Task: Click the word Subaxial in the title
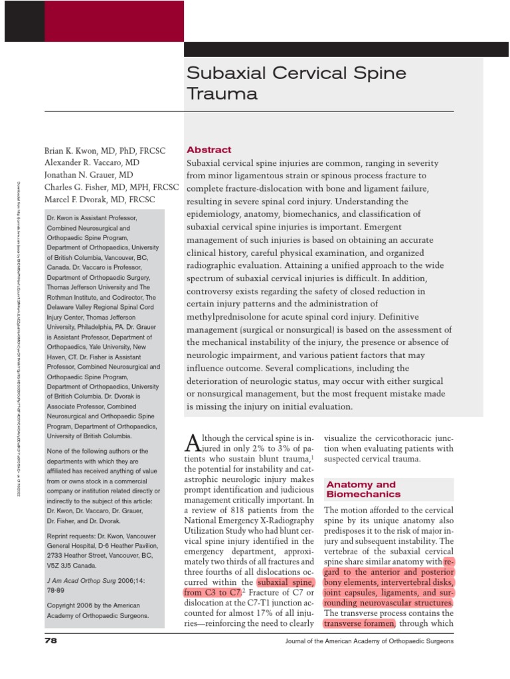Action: pyautogui.click(x=220, y=72)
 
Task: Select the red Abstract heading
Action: pyautogui.click(x=209, y=150)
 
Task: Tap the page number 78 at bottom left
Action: pyautogui.click(x=51, y=641)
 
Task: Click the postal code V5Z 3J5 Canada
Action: pyautogui.click(x=72, y=566)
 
